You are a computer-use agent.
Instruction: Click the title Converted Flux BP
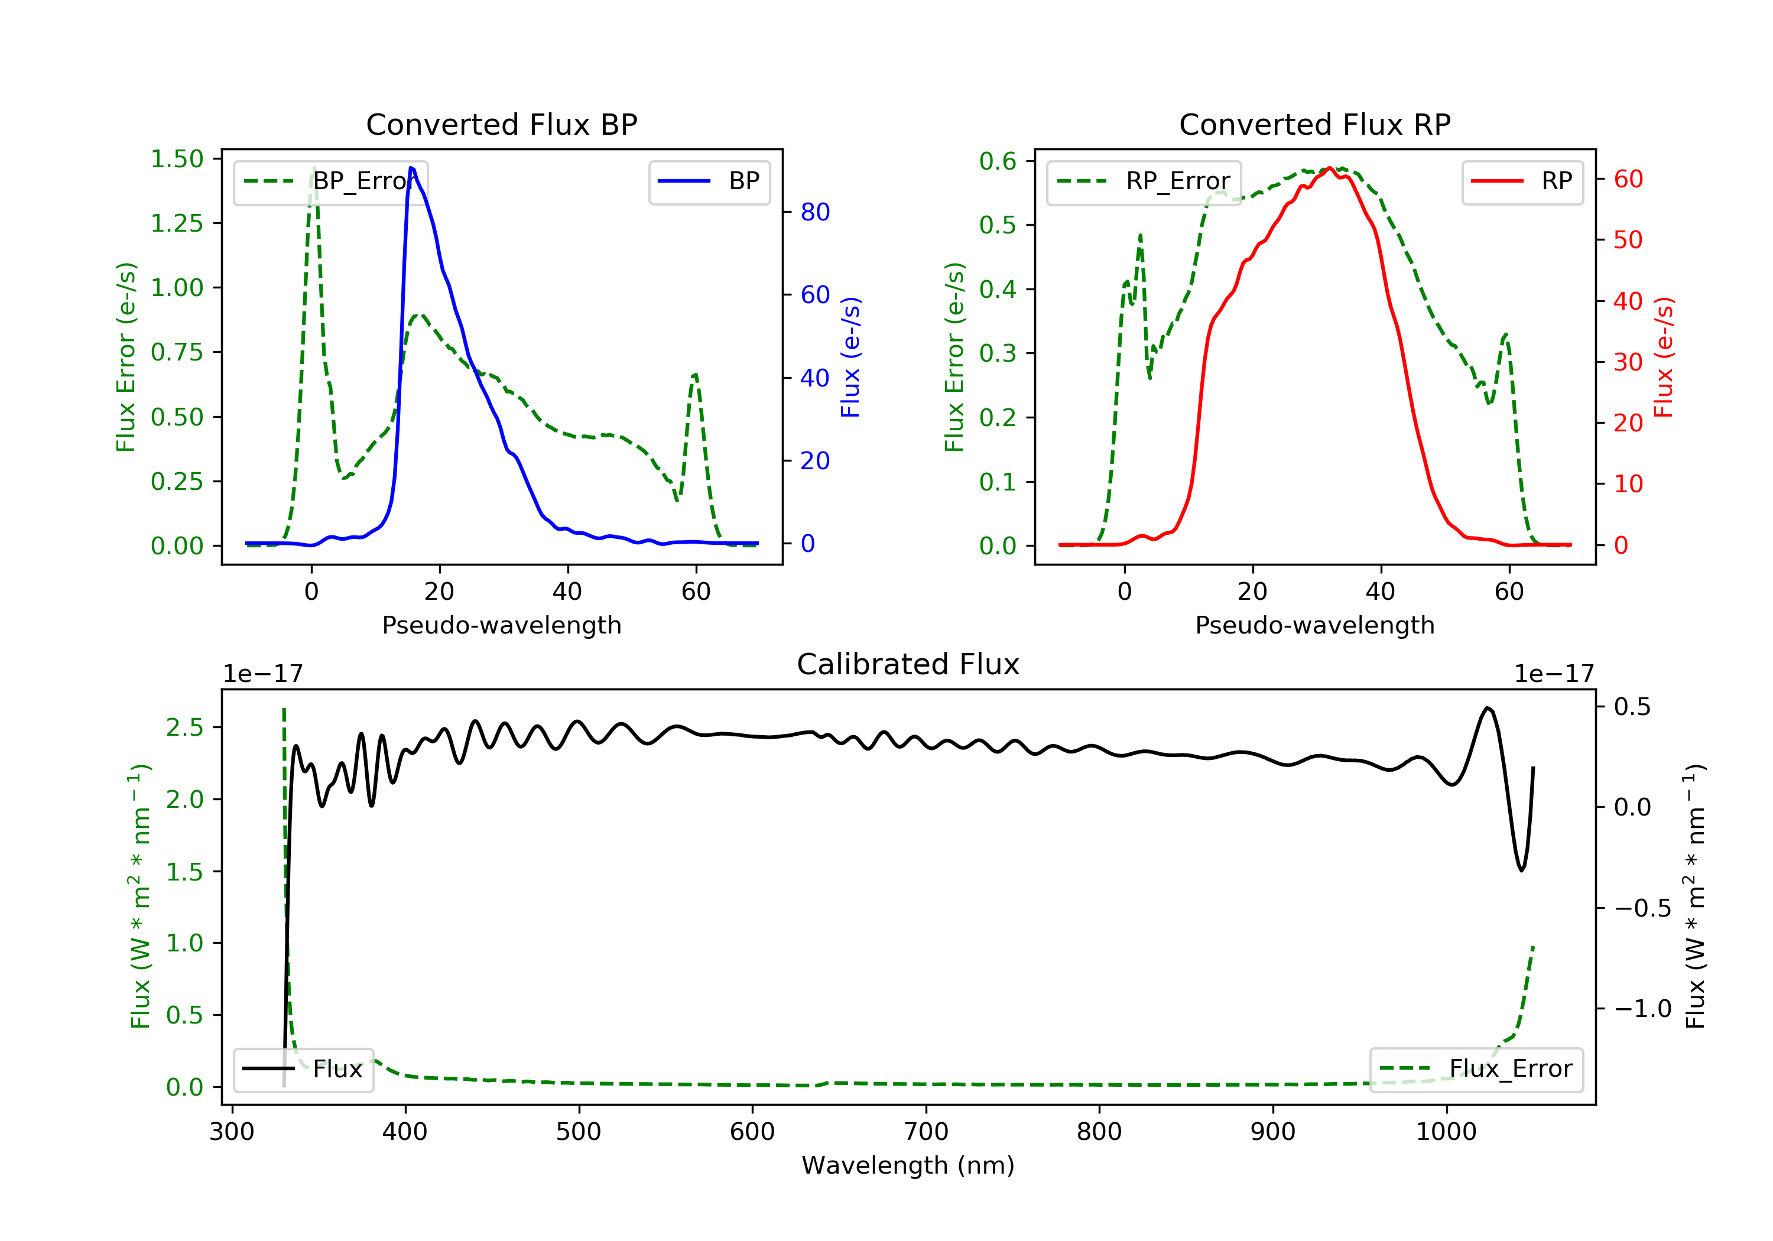tap(501, 124)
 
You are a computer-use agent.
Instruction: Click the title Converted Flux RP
tap(1314, 124)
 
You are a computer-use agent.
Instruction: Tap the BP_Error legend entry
tap(330, 181)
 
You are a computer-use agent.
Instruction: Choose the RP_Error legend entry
tap(1144, 181)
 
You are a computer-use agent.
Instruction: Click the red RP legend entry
tap(1522, 181)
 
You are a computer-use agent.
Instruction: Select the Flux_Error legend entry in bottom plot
tap(1476, 1069)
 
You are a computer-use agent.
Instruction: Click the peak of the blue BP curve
tap(411, 168)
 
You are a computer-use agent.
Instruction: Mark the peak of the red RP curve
tap(1329, 168)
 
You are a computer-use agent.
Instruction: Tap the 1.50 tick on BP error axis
tap(177, 159)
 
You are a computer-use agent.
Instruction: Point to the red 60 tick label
tap(1628, 179)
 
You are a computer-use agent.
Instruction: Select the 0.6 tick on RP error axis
tap(998, 161)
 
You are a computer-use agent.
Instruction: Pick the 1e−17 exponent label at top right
tap(1554, 674)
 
